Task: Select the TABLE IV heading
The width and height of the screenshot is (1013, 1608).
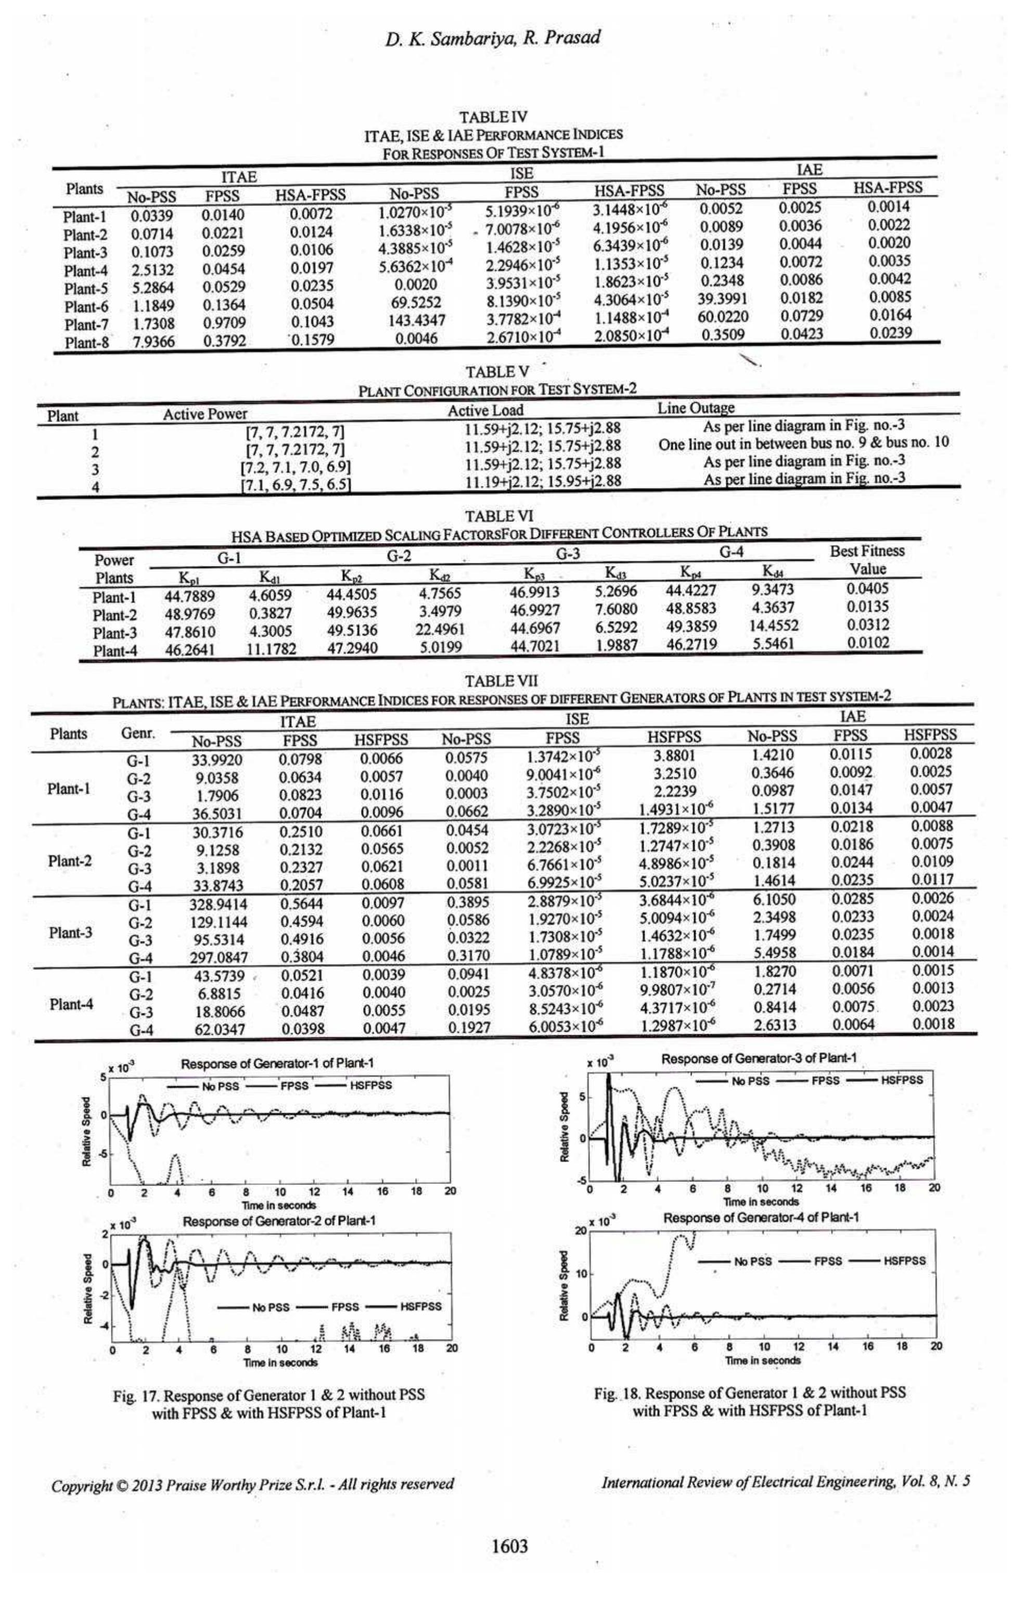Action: point(493,118)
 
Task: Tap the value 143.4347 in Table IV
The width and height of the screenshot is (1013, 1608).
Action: point(417,321)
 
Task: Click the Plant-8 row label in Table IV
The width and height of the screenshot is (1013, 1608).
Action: point(86,343)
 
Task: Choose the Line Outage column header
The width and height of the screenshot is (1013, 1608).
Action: point(696,408)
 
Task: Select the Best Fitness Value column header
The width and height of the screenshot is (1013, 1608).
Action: point(867,560)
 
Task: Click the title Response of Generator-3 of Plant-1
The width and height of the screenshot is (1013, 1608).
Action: point(759,1059)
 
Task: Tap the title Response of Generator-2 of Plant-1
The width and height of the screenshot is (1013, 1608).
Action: point(279,1220)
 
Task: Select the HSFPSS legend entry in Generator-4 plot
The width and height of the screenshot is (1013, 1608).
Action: point(905,1261)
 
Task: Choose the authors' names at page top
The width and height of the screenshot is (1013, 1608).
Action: point(492,38)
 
